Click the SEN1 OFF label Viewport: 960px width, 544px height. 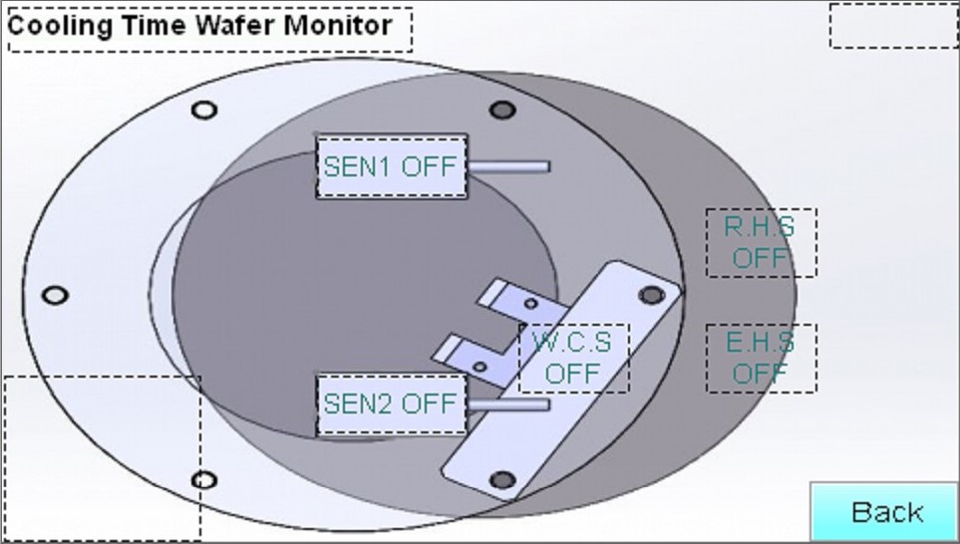[391, 166]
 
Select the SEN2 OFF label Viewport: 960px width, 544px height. [391, 405]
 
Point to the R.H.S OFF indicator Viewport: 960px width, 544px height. [761, 242]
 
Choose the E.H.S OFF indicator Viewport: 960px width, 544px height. [761, 358]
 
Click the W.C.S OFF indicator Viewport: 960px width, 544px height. [573, 358]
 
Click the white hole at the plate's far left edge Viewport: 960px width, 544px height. [55, 296]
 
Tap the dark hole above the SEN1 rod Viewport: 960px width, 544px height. [503, 109]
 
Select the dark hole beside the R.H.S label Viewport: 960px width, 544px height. [651, 295]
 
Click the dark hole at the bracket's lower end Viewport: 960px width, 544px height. [503, 480]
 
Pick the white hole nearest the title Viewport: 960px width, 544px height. [204, 110]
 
